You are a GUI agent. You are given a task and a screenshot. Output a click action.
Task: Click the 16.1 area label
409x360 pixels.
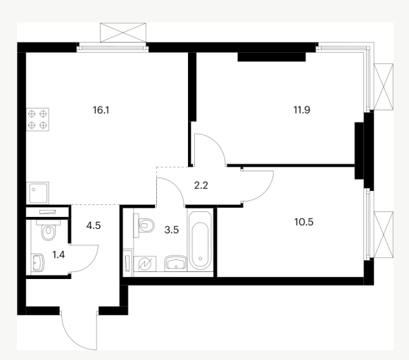101,110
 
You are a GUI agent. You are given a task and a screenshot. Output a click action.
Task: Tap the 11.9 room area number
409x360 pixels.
302,110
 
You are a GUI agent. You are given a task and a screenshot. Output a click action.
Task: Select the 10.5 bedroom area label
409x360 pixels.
304,222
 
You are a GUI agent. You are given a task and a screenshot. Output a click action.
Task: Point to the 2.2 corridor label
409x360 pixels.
201,185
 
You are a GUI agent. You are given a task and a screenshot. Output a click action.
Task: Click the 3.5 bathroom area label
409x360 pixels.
172,230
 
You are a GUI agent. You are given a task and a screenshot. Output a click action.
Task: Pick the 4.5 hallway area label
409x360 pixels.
94,225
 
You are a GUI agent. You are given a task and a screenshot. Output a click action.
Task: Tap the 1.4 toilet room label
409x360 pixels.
58,254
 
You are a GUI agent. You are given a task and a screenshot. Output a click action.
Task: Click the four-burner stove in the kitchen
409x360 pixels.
37,119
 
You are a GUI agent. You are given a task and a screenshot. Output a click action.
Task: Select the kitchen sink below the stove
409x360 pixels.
38,193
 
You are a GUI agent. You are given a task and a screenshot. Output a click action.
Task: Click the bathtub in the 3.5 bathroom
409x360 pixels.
200,240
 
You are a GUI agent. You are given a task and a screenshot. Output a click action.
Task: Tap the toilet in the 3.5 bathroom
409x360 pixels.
144,225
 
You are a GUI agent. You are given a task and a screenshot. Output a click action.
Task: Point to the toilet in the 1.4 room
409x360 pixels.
49,230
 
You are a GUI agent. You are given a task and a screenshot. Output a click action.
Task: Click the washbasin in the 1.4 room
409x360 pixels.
37,263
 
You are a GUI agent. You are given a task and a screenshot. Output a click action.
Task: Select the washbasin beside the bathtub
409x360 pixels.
175,263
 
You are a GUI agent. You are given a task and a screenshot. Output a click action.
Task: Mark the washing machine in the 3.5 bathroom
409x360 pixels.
145,264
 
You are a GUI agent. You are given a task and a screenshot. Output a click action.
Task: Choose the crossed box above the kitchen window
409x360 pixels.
123,32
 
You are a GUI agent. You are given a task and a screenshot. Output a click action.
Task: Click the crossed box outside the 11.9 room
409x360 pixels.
384,87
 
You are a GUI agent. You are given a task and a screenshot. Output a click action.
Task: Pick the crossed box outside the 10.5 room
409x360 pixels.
384,235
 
